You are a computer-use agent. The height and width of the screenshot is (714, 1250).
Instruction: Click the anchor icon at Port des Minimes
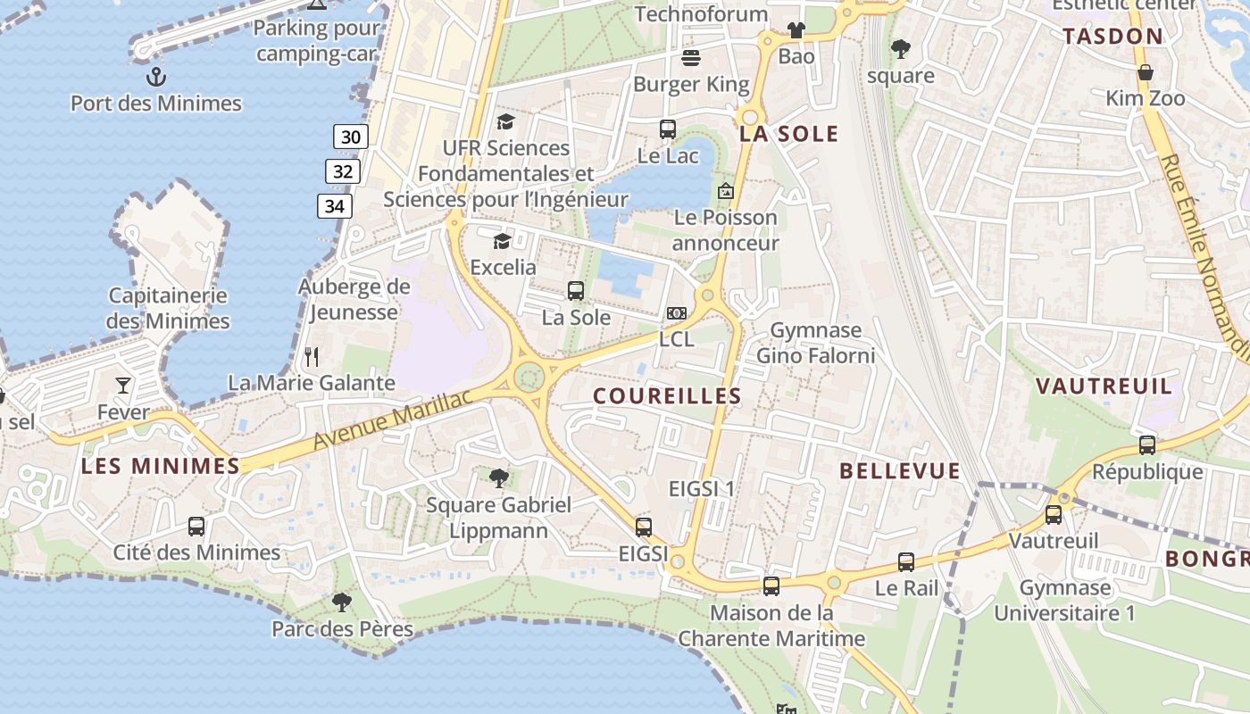tap(156, 76)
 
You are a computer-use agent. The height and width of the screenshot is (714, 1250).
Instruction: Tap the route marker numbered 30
tap(351, 137)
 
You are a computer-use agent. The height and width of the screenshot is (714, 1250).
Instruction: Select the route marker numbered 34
tap(335, 206)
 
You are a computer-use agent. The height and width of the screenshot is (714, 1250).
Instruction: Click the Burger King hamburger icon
tap(691, 59)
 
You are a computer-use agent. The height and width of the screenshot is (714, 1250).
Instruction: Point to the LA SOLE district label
tap(789, 134)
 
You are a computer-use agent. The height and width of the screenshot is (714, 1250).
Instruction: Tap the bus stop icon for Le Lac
tap(668, 129)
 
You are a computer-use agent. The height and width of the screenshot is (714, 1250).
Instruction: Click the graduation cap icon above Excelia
tap(502, 241)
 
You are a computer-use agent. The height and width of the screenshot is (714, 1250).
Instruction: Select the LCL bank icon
tap(677, 313)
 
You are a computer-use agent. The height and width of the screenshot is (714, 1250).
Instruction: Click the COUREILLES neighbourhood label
tap(667, 395)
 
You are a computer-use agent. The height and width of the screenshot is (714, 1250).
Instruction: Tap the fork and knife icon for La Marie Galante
tap(312, 357)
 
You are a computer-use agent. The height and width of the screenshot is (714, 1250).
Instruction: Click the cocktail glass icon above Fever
tap(123, 386)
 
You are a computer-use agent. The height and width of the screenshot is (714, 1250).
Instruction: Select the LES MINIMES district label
tap(161, 466)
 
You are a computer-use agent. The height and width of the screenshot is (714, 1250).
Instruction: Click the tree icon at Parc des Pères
tap(341, 602)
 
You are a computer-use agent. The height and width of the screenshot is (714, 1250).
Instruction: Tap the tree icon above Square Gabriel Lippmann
tap(499, 478)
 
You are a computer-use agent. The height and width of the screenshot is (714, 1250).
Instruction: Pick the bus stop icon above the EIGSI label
tap(644, 527)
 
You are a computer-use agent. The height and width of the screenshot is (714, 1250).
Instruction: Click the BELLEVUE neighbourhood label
tap(900, 471)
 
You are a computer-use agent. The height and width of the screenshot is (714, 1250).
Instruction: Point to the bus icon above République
tap(1147, 444)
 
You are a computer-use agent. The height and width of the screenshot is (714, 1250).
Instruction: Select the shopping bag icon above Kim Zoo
tap(1146, 72)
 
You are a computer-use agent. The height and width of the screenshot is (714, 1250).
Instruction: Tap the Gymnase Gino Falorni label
tap(816, 343)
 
